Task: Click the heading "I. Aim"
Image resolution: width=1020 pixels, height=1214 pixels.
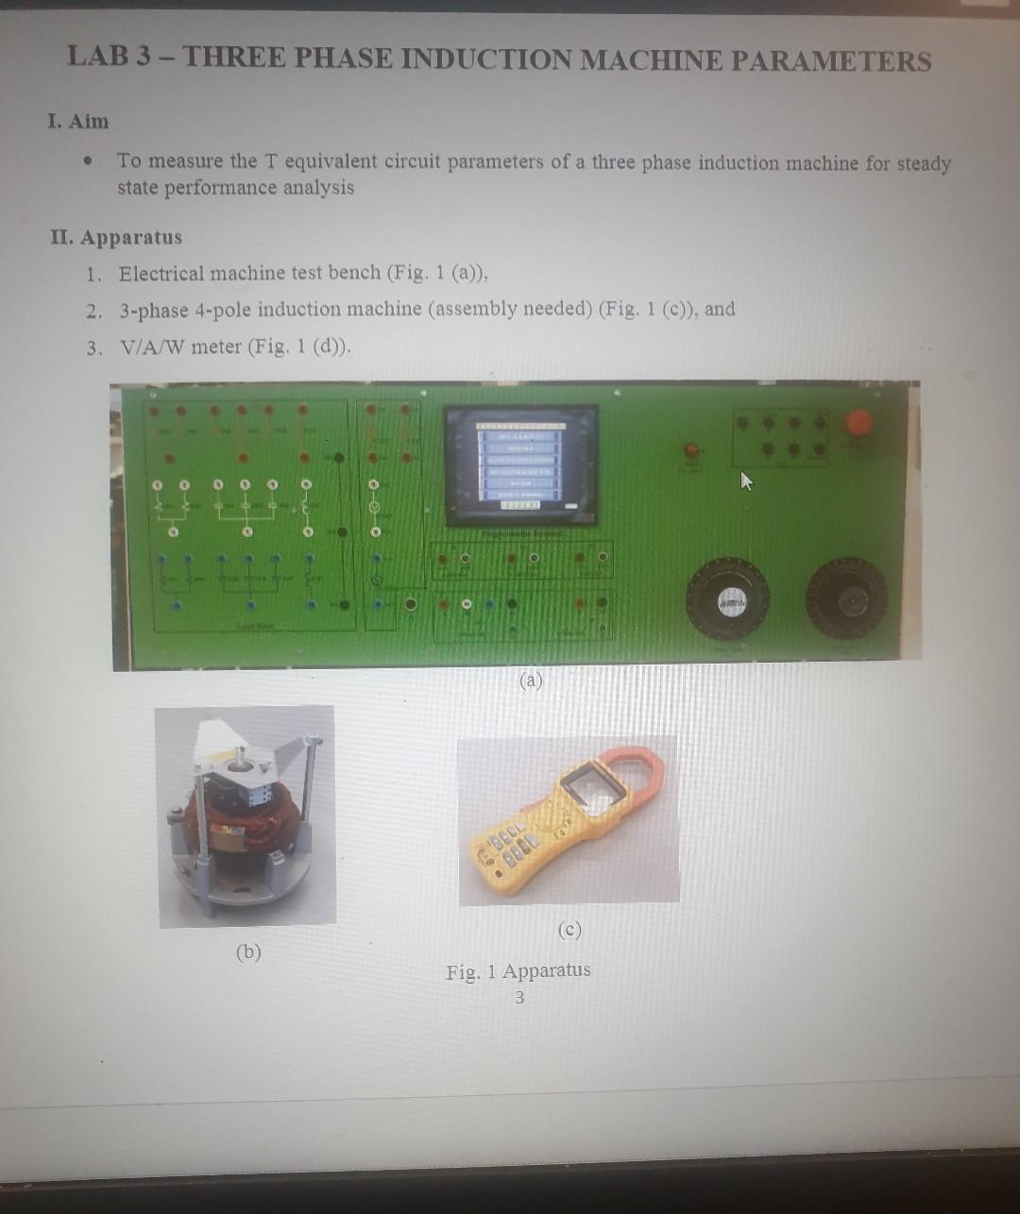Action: click(x=78, y=122)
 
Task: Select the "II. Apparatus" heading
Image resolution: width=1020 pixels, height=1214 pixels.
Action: click(x=116, y=237)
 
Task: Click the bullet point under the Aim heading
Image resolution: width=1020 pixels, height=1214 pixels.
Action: click(x=88, y=161)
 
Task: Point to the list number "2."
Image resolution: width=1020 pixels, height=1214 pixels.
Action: click(x=93, y=311)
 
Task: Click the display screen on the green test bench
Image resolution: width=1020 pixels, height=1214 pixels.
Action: click(x=521, y=464)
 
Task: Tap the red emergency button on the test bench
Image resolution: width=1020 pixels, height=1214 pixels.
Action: click(x=858, y=421)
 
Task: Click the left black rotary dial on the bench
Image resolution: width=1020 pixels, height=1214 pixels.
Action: click(x=727, y=599)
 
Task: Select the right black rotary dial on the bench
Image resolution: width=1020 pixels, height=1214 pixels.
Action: click(x=847, y=599)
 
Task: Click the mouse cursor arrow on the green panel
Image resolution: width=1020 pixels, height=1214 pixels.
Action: click(x=746, y=482)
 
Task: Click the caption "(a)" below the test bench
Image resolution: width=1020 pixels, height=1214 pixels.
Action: click(x=531, y=680)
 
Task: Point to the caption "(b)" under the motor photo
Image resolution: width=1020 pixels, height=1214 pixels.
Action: click(x=247, y=952)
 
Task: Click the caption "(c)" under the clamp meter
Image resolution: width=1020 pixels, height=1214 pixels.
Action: click(x=569, y=930)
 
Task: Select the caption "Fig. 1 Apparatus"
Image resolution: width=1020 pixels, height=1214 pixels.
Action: click(x=518, y=970)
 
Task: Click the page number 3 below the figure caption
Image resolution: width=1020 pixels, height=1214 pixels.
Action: click(x=518, y=997)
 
